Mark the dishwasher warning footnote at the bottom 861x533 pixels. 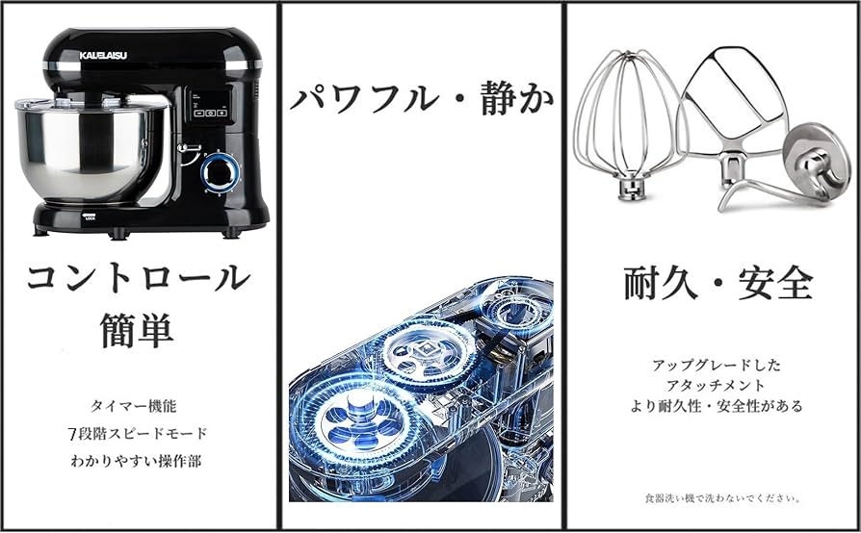point(723,498)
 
